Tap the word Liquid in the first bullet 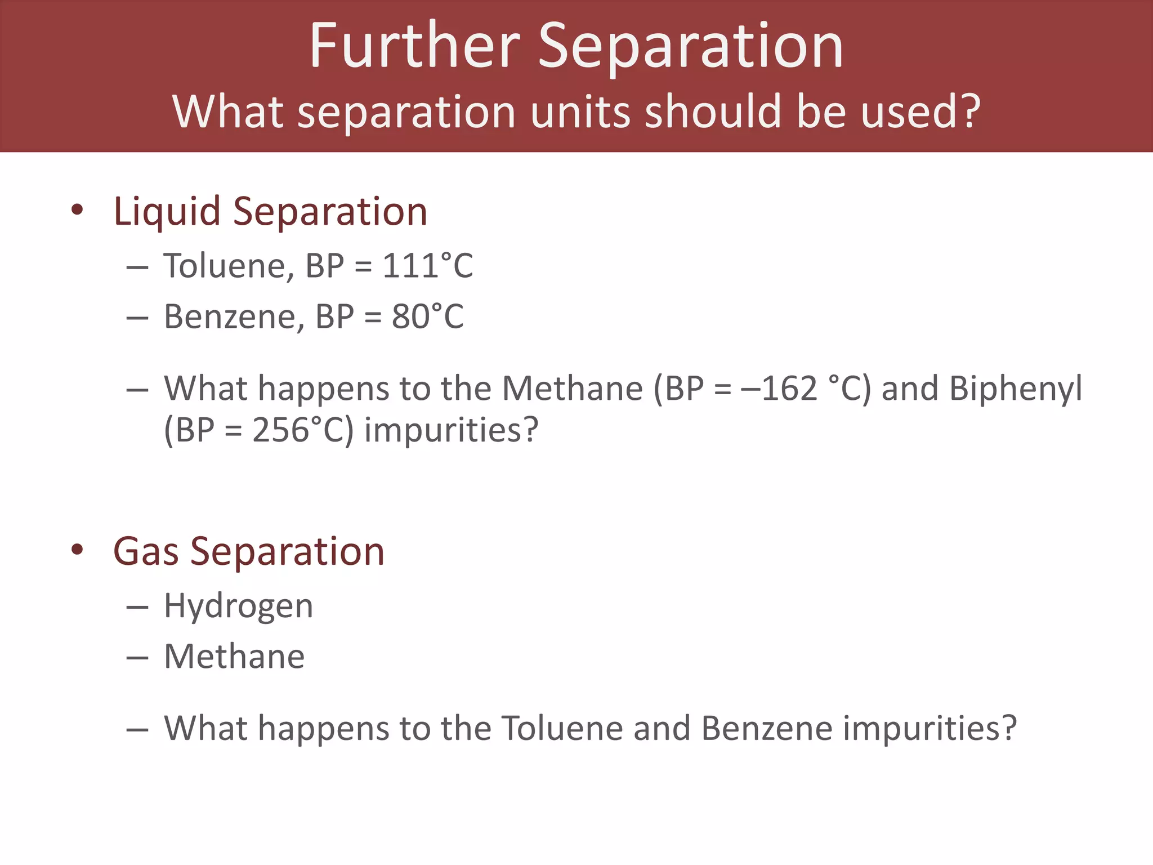coord(167,212)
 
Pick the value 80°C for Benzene coord(428,316)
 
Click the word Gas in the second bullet coord(146,551)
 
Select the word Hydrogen coord(238,607)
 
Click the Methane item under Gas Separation coord(234,657)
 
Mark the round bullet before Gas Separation coord(77,550)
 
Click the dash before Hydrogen coord(137,607)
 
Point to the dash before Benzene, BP coord(137,318)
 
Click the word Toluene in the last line coord(562,728)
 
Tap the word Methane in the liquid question coord(572,389)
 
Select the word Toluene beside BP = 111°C coord(228,266)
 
